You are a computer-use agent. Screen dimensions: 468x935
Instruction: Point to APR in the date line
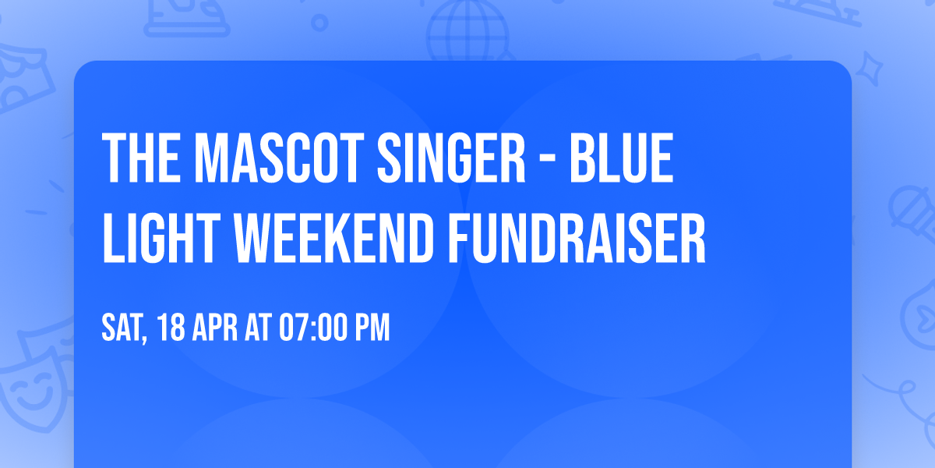pos(217,328)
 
